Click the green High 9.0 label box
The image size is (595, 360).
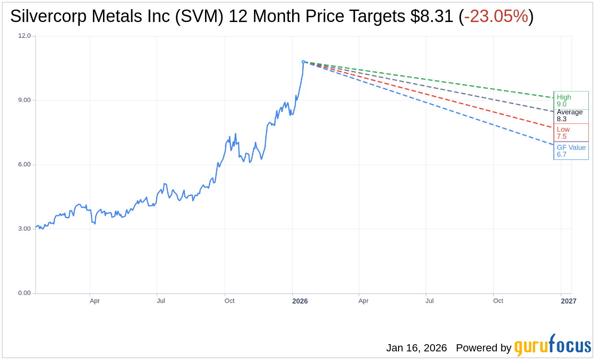(x=571, y=101)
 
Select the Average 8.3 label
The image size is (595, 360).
(x=570, y=115)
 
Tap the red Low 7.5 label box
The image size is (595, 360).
(x=571, y=133)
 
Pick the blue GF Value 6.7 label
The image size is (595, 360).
(x=571, y=151)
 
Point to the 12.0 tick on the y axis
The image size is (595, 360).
(x=24, y=36)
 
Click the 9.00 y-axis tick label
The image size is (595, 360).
(x=24, y=100)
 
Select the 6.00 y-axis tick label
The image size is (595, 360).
(x=24, y=164)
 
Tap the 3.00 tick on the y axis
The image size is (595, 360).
(x=24, y=229)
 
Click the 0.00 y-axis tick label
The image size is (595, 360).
(x=24, y=293)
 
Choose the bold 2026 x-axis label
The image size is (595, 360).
(x=300, y=301)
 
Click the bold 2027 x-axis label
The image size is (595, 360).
(x=569, y=301)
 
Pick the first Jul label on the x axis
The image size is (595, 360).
(x=161, y=301)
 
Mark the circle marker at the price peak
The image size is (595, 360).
(x=303, y=62)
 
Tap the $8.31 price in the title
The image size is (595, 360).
(x=432, y=17)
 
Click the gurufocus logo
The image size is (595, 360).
(x=552, y=346)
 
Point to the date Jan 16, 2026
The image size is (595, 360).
(x=416, y=348)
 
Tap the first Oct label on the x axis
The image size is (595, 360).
(x=229, y=301)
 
